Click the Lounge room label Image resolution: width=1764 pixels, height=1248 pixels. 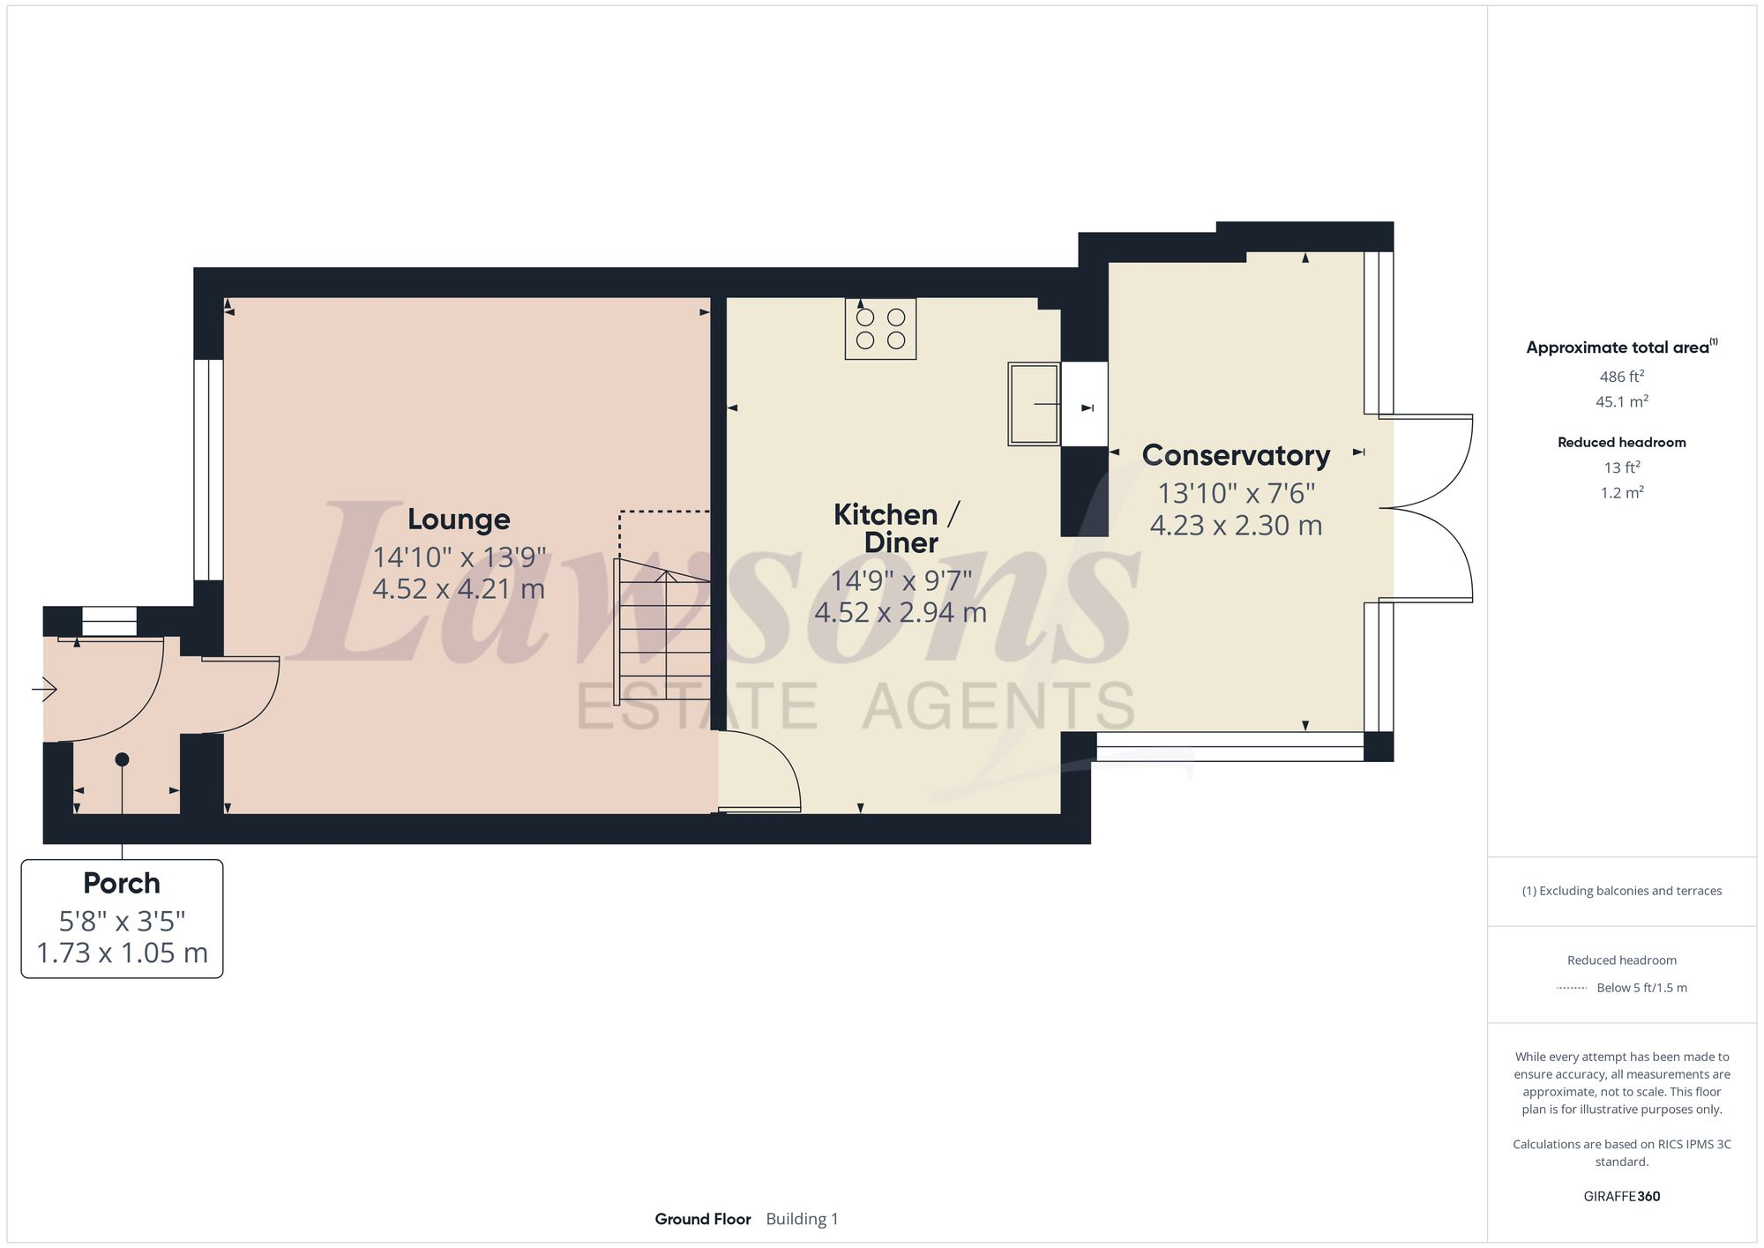tap(459, 519)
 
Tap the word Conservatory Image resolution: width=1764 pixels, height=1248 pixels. tap(1236, 455)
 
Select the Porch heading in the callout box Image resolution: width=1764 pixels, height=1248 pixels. tap(122, 883)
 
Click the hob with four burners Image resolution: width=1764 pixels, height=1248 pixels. tap(880, 328)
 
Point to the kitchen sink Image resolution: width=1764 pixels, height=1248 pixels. tap(1034, 404)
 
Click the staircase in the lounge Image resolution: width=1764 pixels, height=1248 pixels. tap(664, 631)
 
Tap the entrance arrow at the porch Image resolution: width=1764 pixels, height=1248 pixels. tap(45, 689)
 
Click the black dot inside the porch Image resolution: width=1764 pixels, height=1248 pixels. tap(122, 759)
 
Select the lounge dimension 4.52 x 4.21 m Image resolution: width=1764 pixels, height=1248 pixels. tap(459, 588)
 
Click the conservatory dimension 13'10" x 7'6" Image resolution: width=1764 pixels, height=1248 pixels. tap(1236, 492)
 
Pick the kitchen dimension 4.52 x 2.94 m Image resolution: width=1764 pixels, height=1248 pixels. tap(901, 612)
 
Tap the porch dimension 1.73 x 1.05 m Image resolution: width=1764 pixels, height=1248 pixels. tap(122, 953)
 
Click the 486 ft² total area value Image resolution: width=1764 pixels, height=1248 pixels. tap(1621, 377)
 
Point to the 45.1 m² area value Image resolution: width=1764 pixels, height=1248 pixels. tap(1621, 401)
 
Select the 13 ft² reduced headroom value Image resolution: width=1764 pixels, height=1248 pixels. tap(1621, 467)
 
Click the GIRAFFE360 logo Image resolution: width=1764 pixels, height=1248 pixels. tap(1621, 1197)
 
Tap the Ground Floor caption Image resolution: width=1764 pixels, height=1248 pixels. tap(702, 1219)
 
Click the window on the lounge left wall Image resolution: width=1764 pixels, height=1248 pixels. tap(208, 469)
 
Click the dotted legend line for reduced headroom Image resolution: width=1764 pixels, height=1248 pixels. tap(1572, 988)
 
